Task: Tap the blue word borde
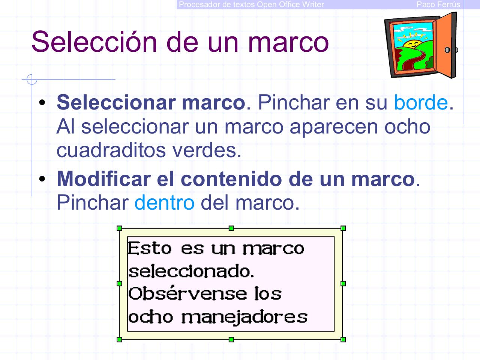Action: pos(421,103)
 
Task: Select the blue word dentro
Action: pos(164,203)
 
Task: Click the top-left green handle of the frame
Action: pos(120,228)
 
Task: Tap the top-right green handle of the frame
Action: pos(343,228)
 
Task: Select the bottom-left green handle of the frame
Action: pos(120,340)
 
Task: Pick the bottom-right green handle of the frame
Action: pos(343,340)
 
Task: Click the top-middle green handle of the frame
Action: pos(231,228)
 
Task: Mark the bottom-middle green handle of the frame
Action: pos(231,340)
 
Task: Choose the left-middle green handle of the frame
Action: pos(120,284)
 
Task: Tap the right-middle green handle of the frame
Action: pos(343,284)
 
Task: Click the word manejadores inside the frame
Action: pos(244,318)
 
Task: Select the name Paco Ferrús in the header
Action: pos(438,4)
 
